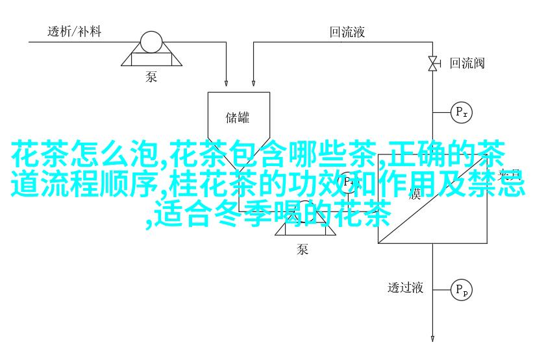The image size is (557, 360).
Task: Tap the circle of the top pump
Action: [x=151, y=42]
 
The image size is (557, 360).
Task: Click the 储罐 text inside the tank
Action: [x=238, y=117]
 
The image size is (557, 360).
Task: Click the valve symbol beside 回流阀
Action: [x=432, y=63]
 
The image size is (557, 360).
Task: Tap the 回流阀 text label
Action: [x=467, y=64]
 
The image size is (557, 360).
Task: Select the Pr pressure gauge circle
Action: [x=462, y=113]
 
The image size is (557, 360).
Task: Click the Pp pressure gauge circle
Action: [x=462, y=289]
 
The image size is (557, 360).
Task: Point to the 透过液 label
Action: [x=406, y=287]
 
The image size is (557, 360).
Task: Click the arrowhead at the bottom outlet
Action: [x=432, y=338]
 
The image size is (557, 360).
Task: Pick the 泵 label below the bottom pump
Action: [x=303, y=249]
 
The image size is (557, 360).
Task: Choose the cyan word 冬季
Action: [x=246, y=214]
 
